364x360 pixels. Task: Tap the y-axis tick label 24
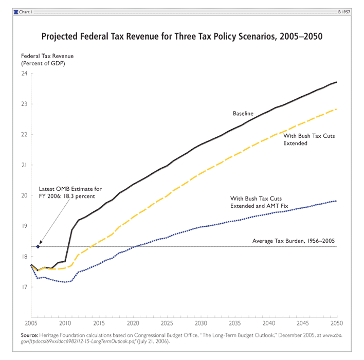pyautogui.click(x=24, y=74)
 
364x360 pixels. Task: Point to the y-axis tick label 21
pyautogui.click(x=24, y=165)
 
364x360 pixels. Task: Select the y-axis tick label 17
pyautogui.click(x=24, y=287)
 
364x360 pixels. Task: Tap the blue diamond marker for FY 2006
pyautogui.click(x=38, y=247)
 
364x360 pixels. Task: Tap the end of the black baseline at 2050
pyautogui.click(x=337, y=82)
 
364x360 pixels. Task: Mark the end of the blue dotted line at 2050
pyautogui.click(x=337, y=201)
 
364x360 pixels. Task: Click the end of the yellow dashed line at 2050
pyautogui.click(x=337, y=109)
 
